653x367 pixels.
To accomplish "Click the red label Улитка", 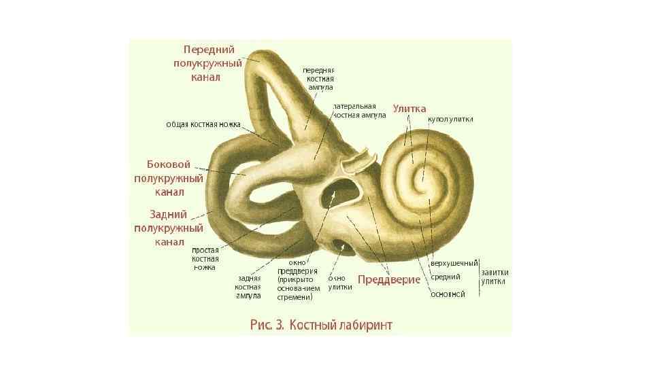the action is click(x=409, y=109).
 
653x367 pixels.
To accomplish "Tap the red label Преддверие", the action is click(x=389, y=279).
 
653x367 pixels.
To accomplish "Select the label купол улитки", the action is click(x=450, y=120).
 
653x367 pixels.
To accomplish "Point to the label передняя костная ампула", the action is click(x=318, y=78).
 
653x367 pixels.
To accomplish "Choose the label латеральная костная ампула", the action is click(x=358, y=111).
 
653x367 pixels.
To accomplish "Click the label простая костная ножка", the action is click(x=205, y=258).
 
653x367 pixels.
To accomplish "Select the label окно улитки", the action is click(x=340, y=282).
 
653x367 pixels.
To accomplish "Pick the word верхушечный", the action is click(x=454, y=263).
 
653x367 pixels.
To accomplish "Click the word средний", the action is click(x=446, y=277).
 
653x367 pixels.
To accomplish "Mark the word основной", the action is click(x=448, y=294).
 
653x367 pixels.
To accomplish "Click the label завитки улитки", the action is click(x=495, y=277).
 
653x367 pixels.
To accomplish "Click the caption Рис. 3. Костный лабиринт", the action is click(x=321, y=325).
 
